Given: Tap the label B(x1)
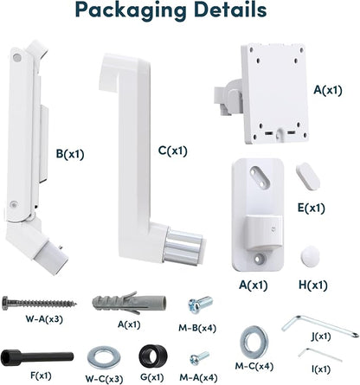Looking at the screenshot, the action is (x=70, y=154).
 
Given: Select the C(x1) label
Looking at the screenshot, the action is (x=173, y=151).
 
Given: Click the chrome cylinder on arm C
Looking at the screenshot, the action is (x=183, y=246).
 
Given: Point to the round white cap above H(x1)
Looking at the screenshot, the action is (x=310, y=254).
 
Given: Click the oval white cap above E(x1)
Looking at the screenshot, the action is (x=308, y=176).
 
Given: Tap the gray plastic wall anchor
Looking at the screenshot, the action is (x=129, y=303).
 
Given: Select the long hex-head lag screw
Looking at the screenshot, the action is (x=39, y=303).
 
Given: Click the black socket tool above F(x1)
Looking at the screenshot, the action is (x=37, y=357).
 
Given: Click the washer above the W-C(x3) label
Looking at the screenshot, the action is (x=104, y=357).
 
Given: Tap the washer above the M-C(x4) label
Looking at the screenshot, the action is (x=254, y=343).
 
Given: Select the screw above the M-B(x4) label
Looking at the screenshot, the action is (x=201, y=305).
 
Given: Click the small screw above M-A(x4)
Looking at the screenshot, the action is (x=199, y=358).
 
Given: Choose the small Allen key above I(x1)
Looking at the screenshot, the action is (x=319, y=355).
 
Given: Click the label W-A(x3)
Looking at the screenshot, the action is (x=44, y=319).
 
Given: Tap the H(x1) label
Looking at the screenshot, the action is (x=312, y=286).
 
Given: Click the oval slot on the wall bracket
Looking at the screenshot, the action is (x=260, y=176).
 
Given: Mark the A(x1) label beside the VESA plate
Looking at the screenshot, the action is (x=328, y=90).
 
